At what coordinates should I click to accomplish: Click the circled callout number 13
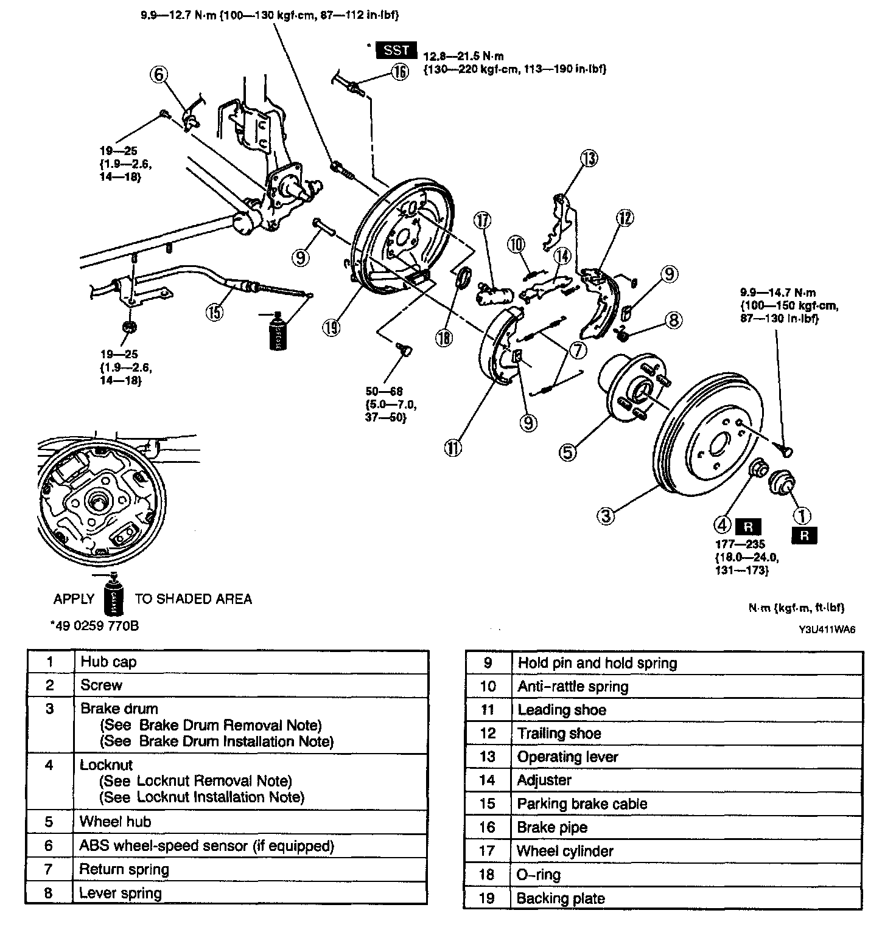pos(589,159)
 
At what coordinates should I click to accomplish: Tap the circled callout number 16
pos(399,73)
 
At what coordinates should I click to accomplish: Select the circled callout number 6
pos(158,74)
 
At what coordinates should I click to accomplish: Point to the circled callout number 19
pos(331,328)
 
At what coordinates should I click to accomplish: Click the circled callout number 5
pos(567,452)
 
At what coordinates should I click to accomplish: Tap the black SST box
pos(396,51)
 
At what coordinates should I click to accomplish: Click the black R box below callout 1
pos(804,535)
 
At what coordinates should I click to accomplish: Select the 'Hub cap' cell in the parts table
pos(108,662)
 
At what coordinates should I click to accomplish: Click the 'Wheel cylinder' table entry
pos(565,851)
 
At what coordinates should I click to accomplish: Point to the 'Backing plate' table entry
pos(561,898)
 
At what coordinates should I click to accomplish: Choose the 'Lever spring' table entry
pos(121,893)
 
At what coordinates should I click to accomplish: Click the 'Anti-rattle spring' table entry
pos(573,687)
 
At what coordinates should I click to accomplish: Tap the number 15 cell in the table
pos(488,803)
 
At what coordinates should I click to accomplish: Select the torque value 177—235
pos(740,544)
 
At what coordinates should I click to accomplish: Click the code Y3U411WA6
pos(827,630)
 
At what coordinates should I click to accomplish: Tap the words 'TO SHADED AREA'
pos(193,599)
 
